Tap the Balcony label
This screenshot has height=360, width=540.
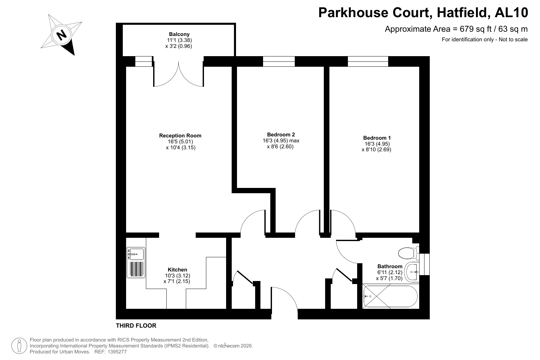pos(179,34)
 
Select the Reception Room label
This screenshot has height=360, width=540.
pos(180,136)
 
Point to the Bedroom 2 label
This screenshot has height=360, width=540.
pos(281,135)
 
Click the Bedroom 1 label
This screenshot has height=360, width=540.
pos(377,138)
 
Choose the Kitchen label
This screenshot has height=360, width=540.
pos(178,270)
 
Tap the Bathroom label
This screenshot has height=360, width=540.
pos(390,267)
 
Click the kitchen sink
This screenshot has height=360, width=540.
pos(136,263)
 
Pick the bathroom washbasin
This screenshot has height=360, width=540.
pos(412,272)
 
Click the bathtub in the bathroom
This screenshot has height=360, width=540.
pos(390,297)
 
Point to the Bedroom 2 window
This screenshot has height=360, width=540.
pos(279,61)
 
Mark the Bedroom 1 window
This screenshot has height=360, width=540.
pos(368,61)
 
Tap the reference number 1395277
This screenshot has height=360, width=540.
pos(117,351)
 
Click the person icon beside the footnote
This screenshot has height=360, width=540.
pos(19,346)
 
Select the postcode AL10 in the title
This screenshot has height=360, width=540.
pos(511,13)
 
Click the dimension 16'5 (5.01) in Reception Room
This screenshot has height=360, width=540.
pos(180,142)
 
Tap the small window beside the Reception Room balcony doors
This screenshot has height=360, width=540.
pos(144,61)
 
